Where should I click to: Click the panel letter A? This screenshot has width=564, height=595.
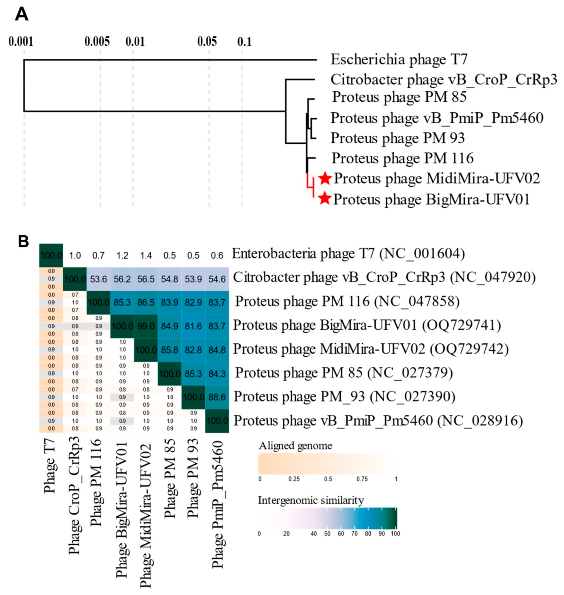pos(22,15)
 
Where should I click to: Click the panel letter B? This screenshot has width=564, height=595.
pos(23,242)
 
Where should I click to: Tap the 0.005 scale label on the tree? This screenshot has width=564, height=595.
pos(97,42)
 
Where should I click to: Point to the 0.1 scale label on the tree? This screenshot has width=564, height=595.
pos(244,42)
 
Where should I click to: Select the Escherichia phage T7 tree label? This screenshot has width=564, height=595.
pos(399,59)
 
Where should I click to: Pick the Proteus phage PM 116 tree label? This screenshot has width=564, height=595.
pos(402,158)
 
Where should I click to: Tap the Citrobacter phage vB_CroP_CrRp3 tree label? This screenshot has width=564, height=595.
pos(444,79)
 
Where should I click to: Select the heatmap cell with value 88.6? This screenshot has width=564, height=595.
pos(217,397)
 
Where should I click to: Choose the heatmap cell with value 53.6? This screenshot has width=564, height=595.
pos(98,279)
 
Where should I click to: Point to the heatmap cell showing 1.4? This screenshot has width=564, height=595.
pos(146,255)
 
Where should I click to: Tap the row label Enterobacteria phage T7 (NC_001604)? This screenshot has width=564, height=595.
pos(348,254)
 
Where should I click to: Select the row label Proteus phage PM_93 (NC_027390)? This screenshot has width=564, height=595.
pos(344,397)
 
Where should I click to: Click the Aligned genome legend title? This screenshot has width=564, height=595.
pos(295,446)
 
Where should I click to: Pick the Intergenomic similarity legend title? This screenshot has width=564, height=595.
pos(311,500)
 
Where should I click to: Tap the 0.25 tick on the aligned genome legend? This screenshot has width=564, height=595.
pos(294,479)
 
